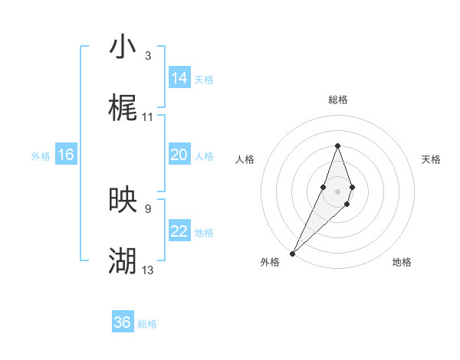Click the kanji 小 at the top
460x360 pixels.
123,47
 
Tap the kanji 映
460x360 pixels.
123,200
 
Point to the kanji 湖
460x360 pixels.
123,261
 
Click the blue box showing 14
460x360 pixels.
179,77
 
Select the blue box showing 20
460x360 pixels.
179,155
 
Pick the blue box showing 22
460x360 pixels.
179,231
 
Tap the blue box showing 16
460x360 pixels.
65,155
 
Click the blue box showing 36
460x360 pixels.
123,322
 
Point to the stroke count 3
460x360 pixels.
148,55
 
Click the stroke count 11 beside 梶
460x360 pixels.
148,117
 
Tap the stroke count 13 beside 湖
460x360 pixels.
148,270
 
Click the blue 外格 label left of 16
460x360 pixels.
41,155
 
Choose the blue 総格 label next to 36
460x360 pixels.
147,324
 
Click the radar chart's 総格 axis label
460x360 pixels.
337,100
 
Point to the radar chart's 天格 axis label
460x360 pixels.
431,159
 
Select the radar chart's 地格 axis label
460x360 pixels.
402,262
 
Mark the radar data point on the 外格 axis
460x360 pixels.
292,253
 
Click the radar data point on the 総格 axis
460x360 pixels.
337,146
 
